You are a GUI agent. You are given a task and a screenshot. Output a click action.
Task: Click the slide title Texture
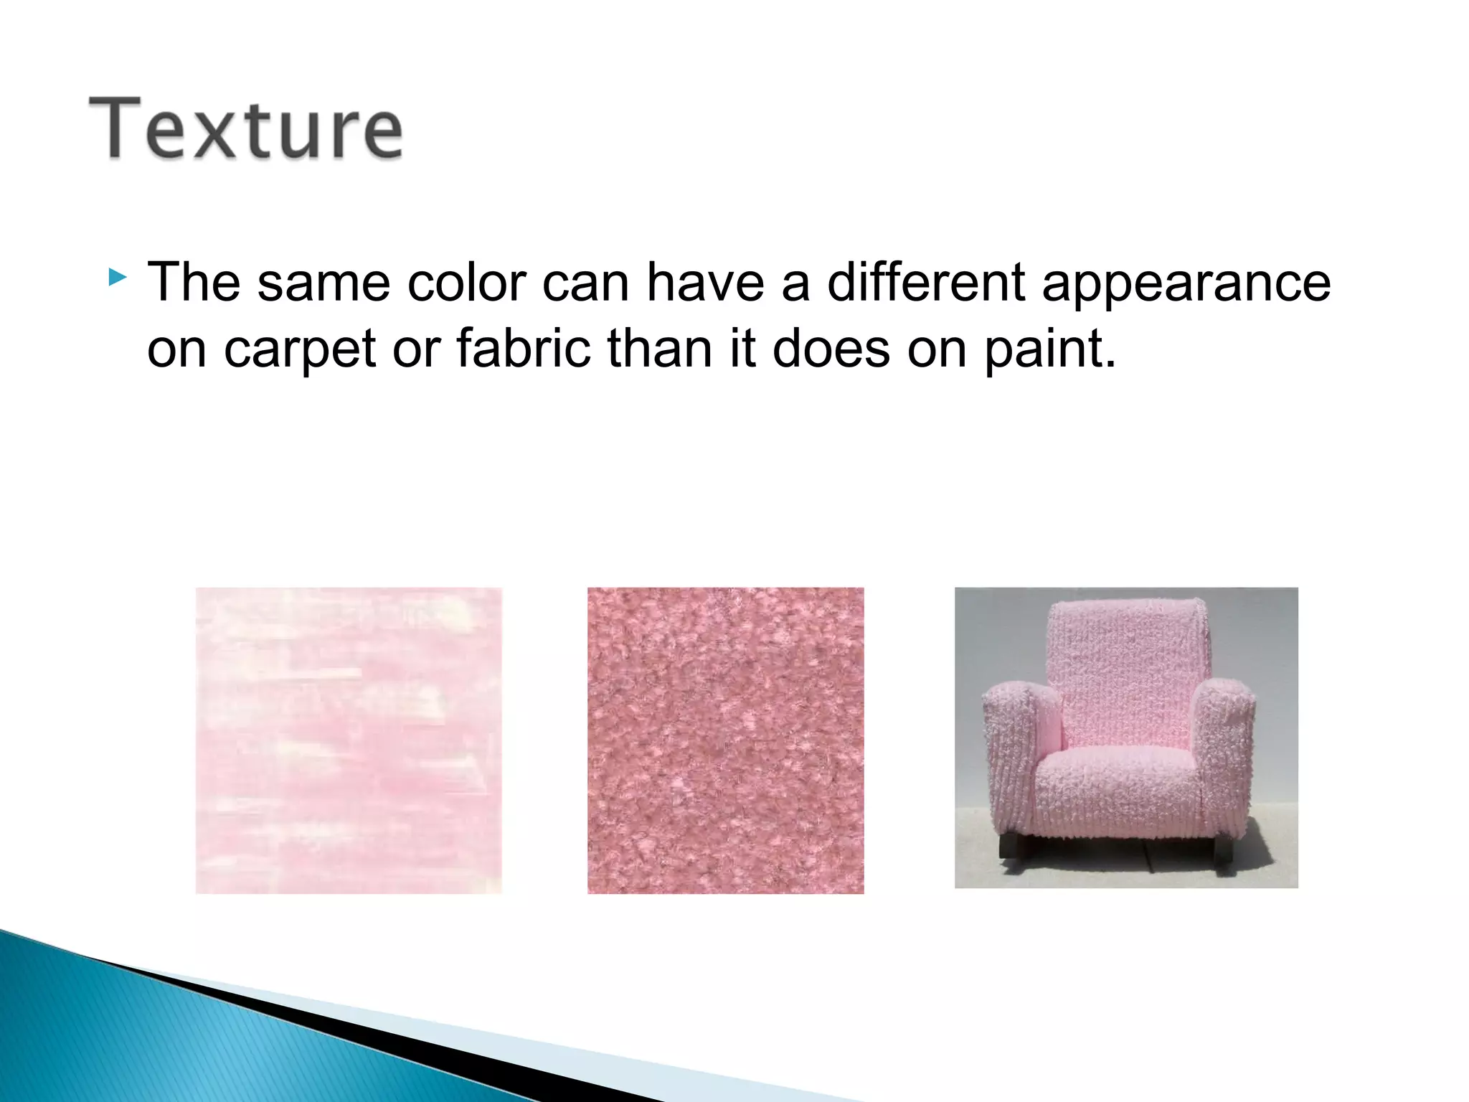[245, 129]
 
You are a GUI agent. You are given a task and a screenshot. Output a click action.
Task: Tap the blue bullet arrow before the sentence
[118, 277]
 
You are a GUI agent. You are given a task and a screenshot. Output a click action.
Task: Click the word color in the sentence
[466, 282]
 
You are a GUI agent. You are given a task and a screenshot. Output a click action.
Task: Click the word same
[323, 283]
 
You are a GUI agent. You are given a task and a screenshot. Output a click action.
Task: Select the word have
[704, 282]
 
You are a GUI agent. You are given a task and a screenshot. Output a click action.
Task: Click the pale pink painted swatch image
[349, 740]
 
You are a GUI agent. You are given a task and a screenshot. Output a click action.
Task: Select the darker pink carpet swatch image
[725, 740]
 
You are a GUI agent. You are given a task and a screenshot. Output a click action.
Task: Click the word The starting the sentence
[193, 282]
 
